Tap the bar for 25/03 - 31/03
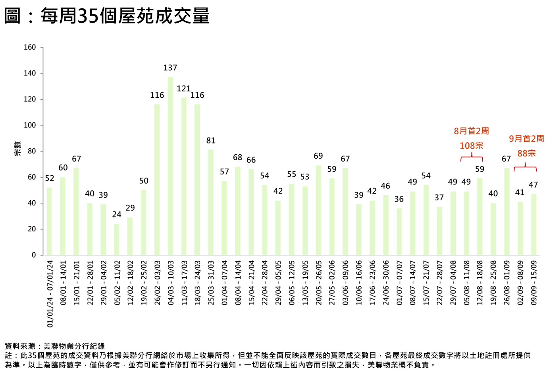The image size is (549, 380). coord(211,202)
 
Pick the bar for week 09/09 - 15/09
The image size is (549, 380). coord(534,224)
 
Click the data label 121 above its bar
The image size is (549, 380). coord(183,89)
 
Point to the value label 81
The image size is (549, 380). coord(211,141)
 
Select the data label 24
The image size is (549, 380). coord(117,215)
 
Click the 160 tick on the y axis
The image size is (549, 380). coord(30,47)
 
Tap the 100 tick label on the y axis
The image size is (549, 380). coord(30,125)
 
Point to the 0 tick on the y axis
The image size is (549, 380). coord(34,255)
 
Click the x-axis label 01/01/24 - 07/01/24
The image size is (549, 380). coord(50,294)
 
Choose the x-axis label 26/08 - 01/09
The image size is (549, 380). coord(507,283)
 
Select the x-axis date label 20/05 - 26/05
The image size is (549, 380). coord(319,283)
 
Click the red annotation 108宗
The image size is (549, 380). coord(471,146)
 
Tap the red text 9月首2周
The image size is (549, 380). coord(526,139)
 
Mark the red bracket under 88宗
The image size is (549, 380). coord(525,167)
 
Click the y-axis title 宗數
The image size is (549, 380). coord(17,148)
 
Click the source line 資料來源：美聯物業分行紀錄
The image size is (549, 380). coord(55,346)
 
